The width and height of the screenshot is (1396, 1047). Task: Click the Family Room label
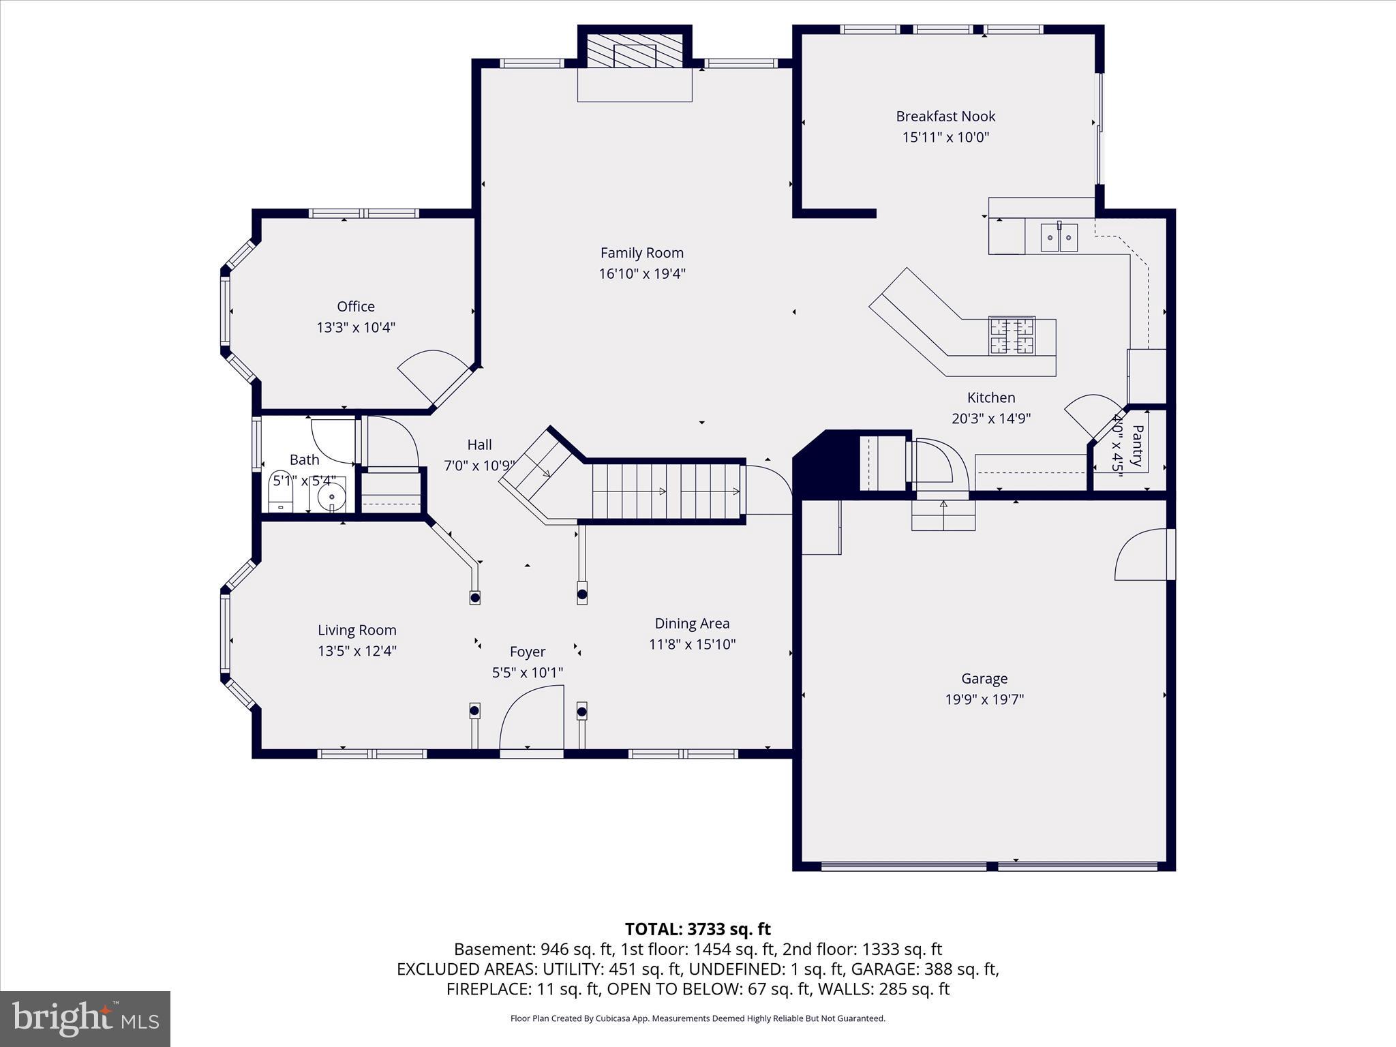[x=641, y=253]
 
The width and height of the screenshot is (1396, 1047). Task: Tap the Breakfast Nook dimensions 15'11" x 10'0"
[x=945, y=137]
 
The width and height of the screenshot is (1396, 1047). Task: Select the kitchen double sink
[x=1059, y=238]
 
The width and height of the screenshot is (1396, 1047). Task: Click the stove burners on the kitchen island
[x=1012, y=335]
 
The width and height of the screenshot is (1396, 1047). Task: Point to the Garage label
[x=984, y=678]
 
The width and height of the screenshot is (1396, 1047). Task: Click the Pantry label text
[x=1137, y=446]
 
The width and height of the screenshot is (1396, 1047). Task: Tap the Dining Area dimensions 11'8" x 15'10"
[x=692, y=644]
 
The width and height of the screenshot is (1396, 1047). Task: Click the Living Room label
[x=356, y=630]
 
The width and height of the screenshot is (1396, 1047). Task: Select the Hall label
[x=479, y=445]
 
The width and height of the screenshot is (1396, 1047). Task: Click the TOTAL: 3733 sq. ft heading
[x=697, y=929]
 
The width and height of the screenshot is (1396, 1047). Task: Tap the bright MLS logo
[x=85, y=1018]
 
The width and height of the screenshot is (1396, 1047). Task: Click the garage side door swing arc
[x=1140, y=556]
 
